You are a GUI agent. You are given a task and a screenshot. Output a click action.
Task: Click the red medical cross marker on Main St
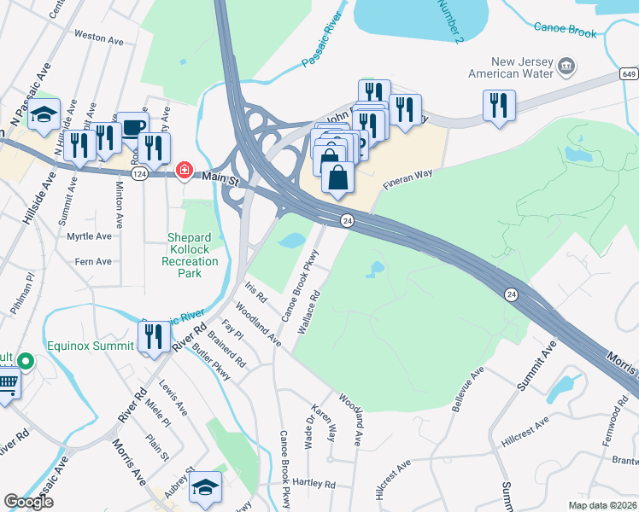183,172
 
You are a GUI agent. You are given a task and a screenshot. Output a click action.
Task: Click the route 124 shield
138,173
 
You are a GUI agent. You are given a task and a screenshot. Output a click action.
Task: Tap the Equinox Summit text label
91,346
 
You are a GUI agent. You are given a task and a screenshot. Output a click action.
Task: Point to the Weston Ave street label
95,36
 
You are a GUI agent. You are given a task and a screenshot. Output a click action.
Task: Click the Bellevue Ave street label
467,387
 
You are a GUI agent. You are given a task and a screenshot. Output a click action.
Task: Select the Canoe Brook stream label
565,27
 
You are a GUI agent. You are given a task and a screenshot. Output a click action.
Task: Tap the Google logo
29,501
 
